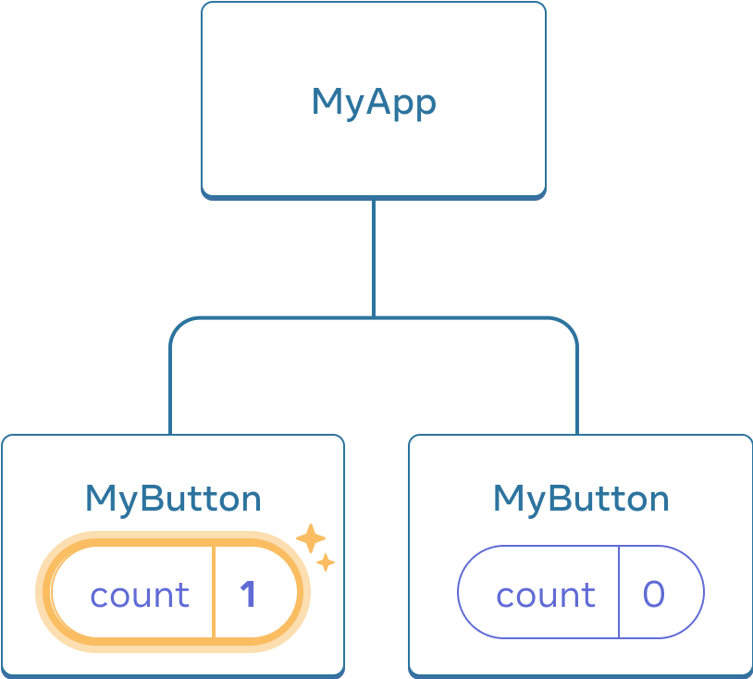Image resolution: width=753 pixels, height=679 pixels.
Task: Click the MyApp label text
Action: click(374, 102)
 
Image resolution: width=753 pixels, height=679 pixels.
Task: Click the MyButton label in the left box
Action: click(173, 499)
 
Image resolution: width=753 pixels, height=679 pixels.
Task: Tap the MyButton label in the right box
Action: click(581, 499)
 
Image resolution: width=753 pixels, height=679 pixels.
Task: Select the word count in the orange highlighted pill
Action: click(140, 595)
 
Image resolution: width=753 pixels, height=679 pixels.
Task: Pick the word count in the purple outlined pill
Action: click(546, 595)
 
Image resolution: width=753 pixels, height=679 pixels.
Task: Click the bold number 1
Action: click(248, 594)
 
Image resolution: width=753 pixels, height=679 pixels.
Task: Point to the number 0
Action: click(654, 594)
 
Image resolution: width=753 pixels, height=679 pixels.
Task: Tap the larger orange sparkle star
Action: click(310, 538)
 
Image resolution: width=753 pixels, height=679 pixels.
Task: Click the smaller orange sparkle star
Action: click(326, 562)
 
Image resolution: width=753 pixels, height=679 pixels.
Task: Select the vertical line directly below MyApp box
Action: click(374, 257)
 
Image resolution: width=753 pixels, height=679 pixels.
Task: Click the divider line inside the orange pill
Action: click(215, 592)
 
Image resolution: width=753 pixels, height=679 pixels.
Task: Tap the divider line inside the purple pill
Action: click(619, 592)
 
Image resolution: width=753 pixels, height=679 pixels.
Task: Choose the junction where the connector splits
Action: click(374, 317)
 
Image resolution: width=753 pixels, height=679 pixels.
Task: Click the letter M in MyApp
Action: click(327, 102)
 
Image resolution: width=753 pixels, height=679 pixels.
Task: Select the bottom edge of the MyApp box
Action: click(374, 196)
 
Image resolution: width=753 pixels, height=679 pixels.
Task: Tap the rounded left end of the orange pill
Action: click(46, 592)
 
